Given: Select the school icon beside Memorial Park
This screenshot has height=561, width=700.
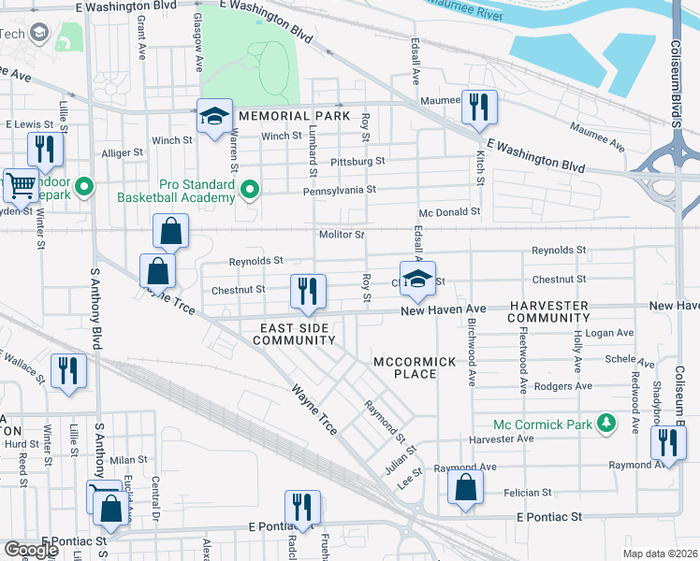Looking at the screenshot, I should (214, 118).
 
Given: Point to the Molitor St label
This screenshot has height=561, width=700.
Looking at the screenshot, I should (341, 235).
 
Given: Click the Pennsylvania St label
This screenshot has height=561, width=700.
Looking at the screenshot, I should (338, 190).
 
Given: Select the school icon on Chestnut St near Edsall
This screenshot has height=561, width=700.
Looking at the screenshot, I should (419, 279).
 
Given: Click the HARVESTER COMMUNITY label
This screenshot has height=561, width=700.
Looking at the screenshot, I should (548, 312).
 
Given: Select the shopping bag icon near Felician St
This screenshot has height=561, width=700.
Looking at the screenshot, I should (465, 488).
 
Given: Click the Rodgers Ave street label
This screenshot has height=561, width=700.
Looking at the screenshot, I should (563, 386).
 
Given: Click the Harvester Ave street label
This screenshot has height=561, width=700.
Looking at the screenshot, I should (502, 439).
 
